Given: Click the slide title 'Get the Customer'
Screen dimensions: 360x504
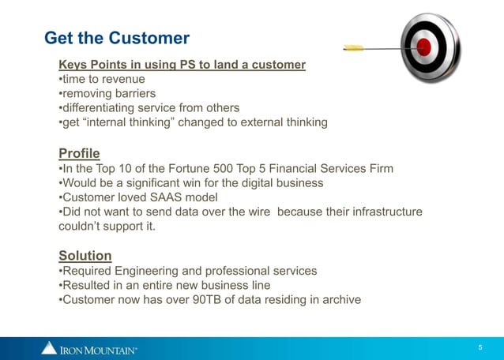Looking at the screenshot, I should coord(117,38).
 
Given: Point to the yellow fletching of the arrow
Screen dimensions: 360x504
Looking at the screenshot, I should coord(354,48).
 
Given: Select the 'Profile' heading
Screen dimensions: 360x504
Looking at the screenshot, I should coord(80,152).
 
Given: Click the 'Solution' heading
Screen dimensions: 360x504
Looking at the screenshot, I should coord(85,255).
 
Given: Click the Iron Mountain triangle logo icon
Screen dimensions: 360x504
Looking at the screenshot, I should coord(49,347).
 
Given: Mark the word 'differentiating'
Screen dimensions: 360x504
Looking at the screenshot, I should coord(99,107).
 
